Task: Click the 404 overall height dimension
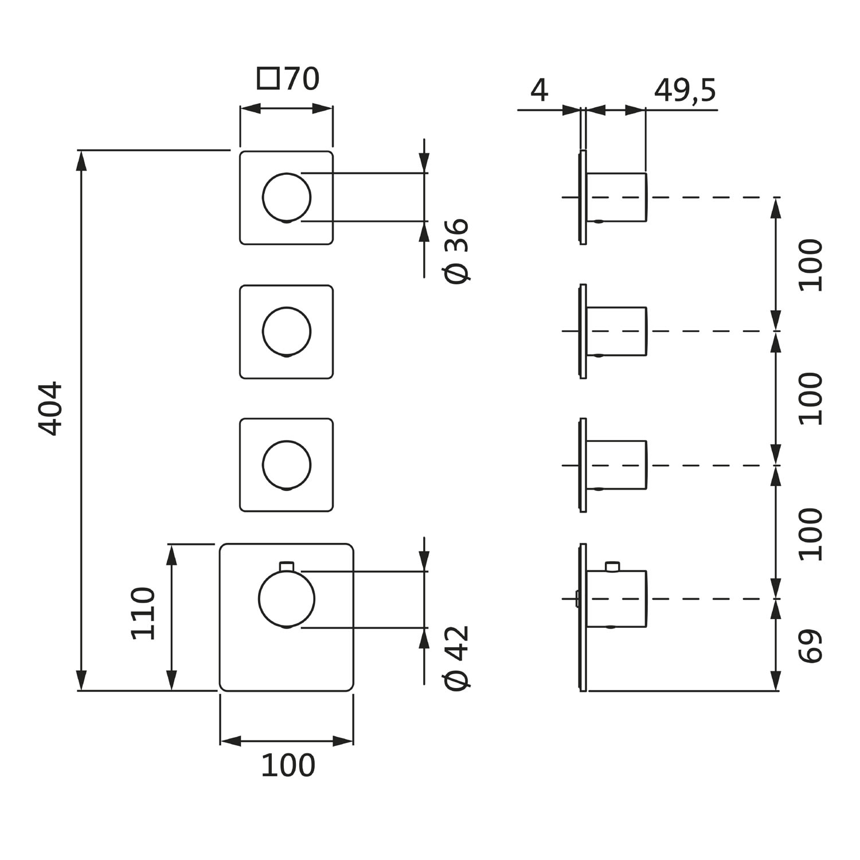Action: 50,408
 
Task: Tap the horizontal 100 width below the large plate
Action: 288,766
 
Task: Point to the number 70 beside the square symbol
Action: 302,79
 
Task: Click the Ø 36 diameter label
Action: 458,251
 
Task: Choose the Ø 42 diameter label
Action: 458,658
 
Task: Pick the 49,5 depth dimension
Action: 685,90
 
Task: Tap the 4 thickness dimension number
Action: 539,90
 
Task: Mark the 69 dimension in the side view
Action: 811,647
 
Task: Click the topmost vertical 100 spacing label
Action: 811,265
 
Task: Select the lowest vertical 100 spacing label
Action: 811,534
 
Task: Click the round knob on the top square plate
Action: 287,197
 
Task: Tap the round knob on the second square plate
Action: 287,331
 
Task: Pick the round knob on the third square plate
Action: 287,465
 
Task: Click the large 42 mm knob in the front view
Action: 287,599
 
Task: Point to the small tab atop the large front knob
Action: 287,566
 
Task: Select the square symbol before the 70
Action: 268,79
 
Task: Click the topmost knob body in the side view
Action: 617,197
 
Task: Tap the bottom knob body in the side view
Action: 617,599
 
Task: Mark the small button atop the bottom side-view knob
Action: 612,566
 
